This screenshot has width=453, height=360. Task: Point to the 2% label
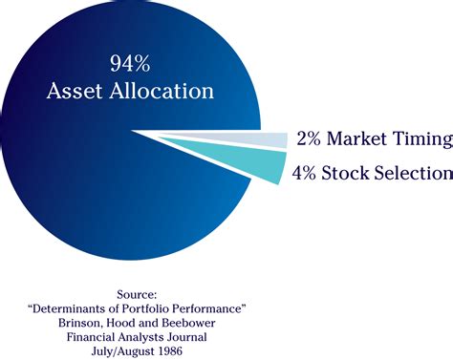(309, 139)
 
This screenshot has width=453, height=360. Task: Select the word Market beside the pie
(358, 139)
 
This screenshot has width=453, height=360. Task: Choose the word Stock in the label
(351, 174)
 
